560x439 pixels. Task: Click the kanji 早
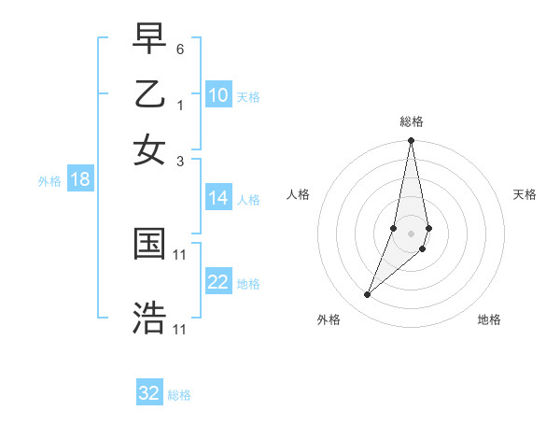149,40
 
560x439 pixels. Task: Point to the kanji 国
149,245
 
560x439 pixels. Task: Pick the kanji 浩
149,318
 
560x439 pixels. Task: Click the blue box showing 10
218,95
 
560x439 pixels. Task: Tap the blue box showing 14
218,198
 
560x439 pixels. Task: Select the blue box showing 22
218,282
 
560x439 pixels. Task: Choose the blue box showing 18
80,179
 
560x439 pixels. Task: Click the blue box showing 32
149,393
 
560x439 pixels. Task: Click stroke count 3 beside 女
180,161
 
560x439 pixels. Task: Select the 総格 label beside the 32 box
179,395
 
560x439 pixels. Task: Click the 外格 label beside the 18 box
49,181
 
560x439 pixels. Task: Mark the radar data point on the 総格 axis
411,141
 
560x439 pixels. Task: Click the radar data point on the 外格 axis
367,295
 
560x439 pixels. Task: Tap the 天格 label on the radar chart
525,194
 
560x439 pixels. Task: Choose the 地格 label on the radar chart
489,319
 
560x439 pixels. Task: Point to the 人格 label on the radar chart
299,194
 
